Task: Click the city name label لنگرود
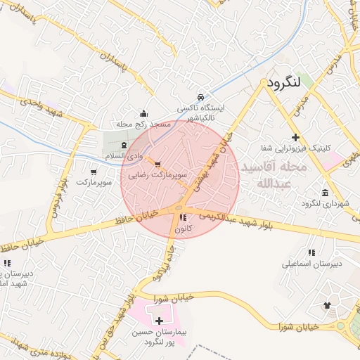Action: pos(283,82)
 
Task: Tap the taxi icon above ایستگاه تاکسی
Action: pos(201,97)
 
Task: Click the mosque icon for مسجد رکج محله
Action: pos(144,113)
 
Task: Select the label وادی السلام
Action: pos(124,155)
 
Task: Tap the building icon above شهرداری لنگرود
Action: pos(324,192)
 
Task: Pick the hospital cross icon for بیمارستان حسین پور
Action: pos(159,321)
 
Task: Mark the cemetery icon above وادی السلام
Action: pos(124,144)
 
